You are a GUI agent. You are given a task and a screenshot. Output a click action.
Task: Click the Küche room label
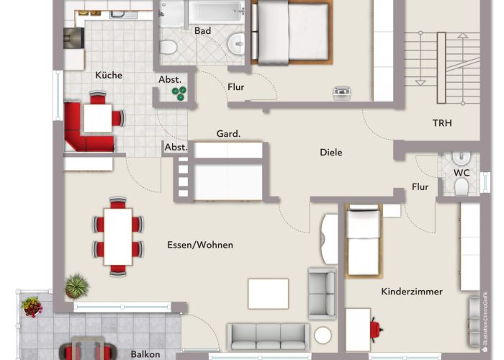(109, 75)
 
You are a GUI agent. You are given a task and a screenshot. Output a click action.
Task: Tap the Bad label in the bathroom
(202, 30)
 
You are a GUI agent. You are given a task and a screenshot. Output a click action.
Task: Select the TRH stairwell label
(442, 123)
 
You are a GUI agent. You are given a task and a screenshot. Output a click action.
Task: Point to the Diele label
(331, 153)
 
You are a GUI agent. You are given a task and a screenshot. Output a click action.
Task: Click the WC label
(462, 173)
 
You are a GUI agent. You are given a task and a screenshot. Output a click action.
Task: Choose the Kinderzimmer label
(412, 292)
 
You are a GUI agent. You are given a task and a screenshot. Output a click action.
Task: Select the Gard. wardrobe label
(228, 133)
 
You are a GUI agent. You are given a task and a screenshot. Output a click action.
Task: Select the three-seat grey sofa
(268, 336)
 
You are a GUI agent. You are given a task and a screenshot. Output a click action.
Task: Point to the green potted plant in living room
(76, 286)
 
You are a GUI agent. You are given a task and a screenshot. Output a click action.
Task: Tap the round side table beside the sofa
(323, 336)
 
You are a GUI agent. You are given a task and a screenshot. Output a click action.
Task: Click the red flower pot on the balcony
(32, 306)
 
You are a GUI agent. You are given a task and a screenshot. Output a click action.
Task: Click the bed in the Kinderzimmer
(364, 240)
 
